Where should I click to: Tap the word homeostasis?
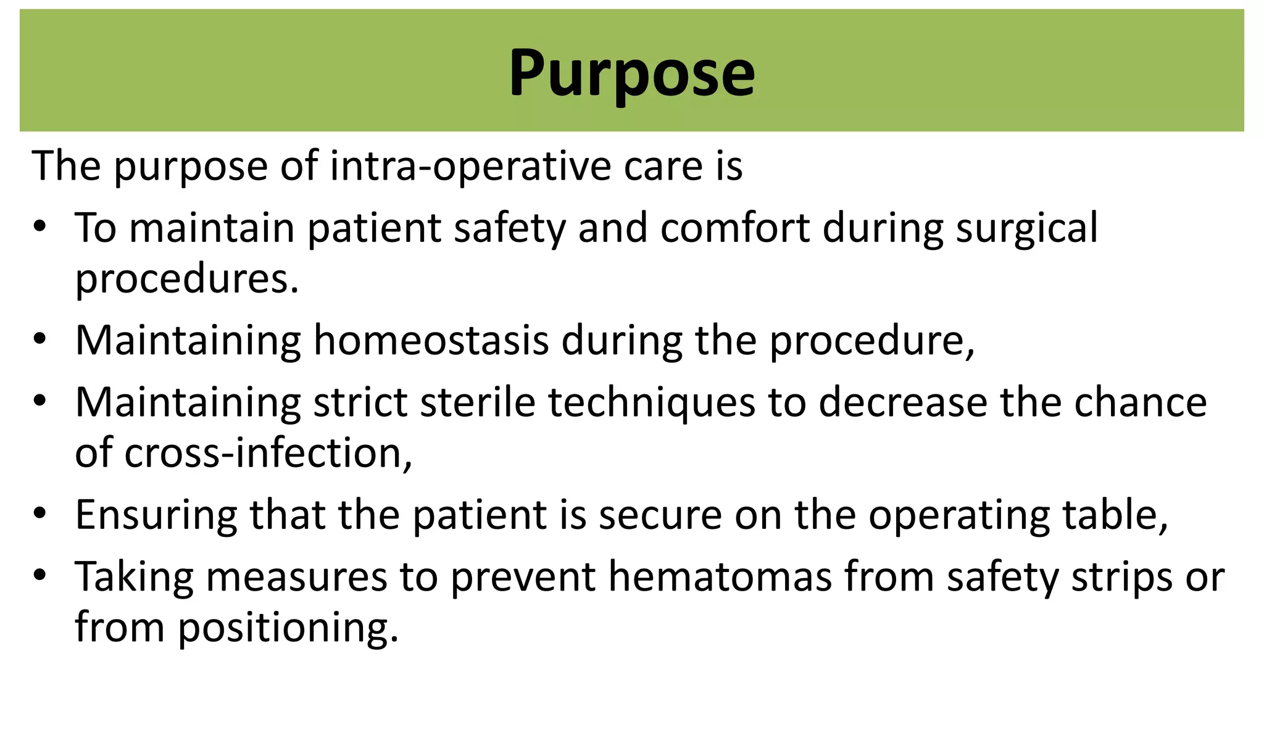(431, 341)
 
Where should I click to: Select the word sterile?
(477, 403)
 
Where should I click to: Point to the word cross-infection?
(268, 453)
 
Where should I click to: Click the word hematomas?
(720, 578)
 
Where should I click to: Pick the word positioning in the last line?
(288, 628)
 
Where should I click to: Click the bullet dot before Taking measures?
(40, 576)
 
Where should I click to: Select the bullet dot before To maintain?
(40, 227)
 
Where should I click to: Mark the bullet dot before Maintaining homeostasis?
(40, 339)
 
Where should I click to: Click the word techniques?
(651, 403)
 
